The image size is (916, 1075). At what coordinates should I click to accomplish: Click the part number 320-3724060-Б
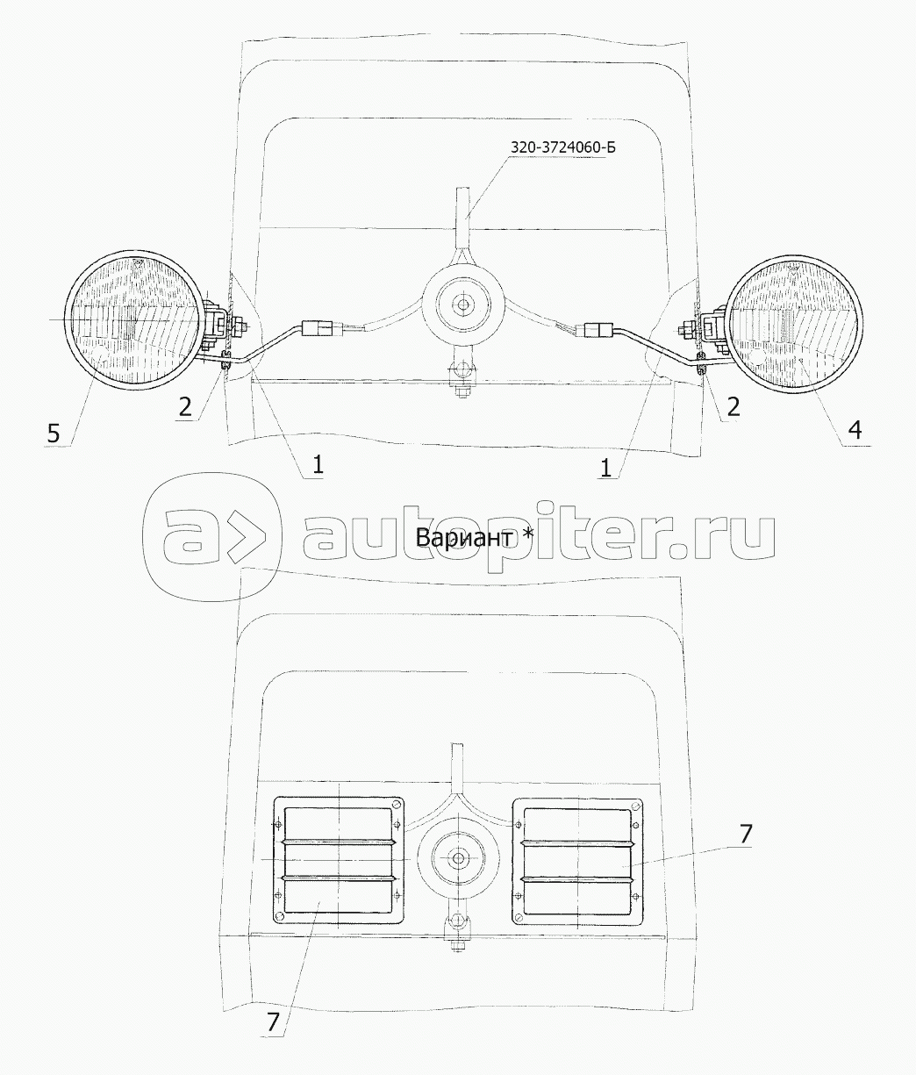[x=563, y=147]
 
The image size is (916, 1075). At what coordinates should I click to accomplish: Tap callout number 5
[x=53, y=433]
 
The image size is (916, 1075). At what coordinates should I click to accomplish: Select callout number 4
[x=855, y=430]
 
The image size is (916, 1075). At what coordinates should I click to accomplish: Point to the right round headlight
[x=794, y=324]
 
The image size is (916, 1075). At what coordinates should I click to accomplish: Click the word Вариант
[x=464, y=538]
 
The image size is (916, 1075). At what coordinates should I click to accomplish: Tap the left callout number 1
[x=318, y=464]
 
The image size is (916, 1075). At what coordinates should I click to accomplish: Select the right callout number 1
[x=605, y=468]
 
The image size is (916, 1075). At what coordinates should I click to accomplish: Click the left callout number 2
[x=185, y=407]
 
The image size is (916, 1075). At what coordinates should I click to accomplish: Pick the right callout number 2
[x=733, y=406]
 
